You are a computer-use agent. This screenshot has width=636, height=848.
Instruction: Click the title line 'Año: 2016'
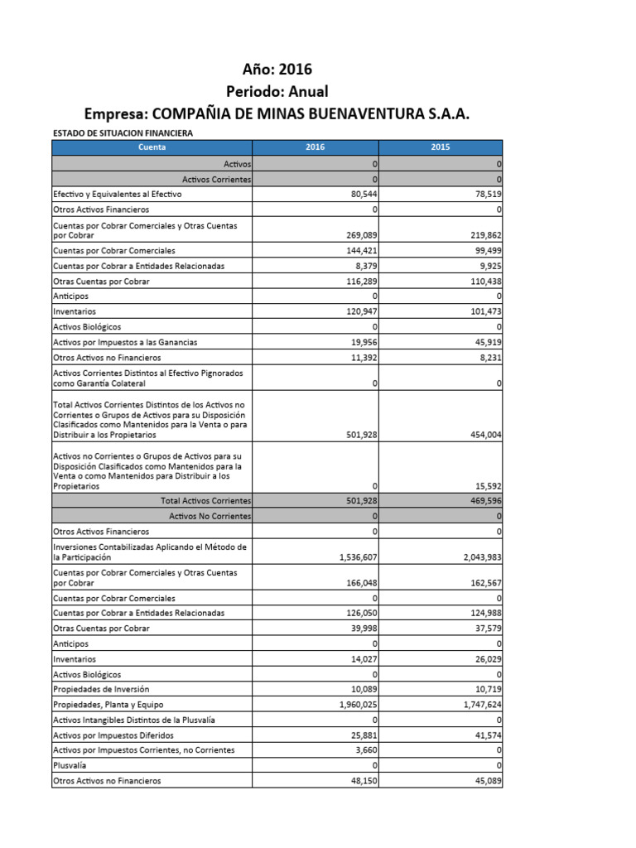[277, 69]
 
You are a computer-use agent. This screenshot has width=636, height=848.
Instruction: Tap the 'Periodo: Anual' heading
[277, 91]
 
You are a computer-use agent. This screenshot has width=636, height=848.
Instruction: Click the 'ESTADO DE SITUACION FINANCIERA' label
[123, 133]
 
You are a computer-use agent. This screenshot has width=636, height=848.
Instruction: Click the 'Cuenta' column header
[152, 147]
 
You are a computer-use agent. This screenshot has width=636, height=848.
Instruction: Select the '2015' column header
[440, 147]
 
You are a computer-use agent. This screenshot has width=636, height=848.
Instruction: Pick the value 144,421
[359, 251]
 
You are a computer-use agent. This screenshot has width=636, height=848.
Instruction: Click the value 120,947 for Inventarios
[359, 311]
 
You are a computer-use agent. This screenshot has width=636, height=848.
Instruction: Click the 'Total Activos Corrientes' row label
[206, 501]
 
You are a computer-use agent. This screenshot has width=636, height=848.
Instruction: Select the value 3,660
[364, 750]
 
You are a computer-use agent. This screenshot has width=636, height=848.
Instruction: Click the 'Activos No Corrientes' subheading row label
[210, 516]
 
